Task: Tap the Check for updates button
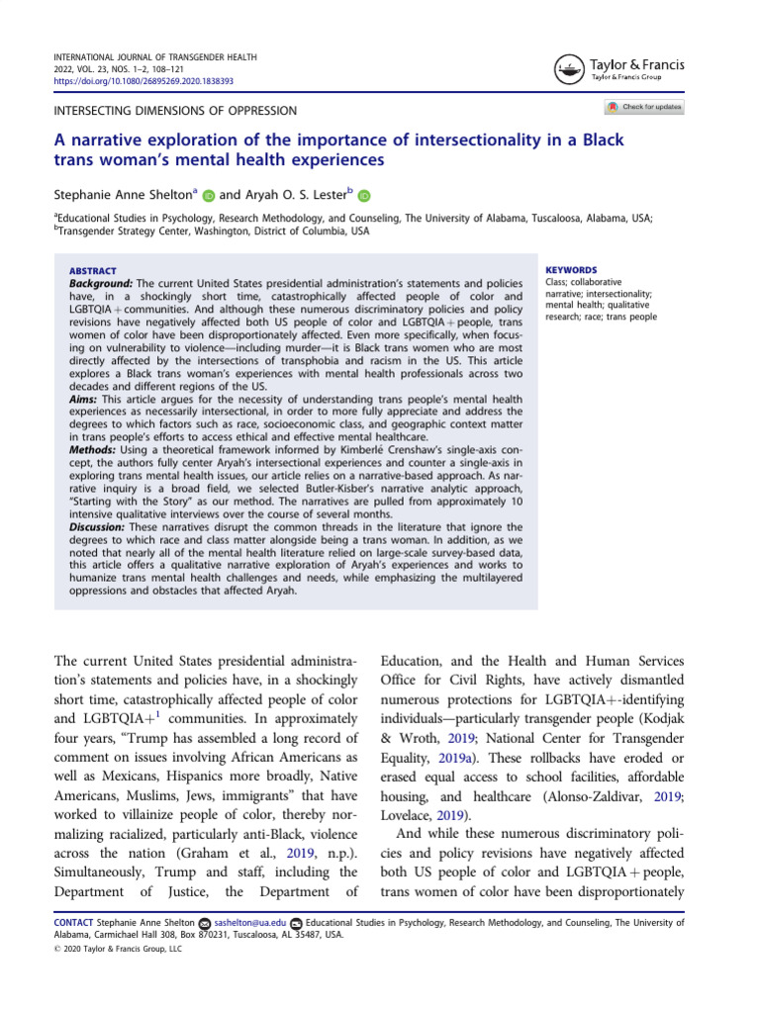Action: pyautogui.click(x=643, y=107)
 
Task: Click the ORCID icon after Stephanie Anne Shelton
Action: pyautogui.click(x=209, y=196)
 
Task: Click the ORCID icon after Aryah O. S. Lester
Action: pyautogui.click(x=363, y=196)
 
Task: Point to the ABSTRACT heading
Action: pyautogui.click(x=92, y=271)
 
